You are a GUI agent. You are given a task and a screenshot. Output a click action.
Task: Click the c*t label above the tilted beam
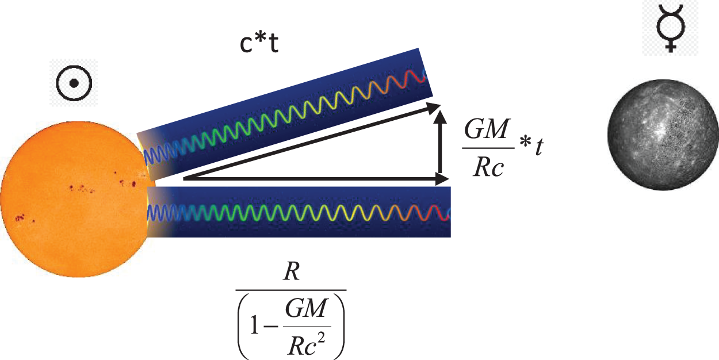[259, 45]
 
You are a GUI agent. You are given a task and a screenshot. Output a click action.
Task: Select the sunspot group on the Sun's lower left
[22, 218]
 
